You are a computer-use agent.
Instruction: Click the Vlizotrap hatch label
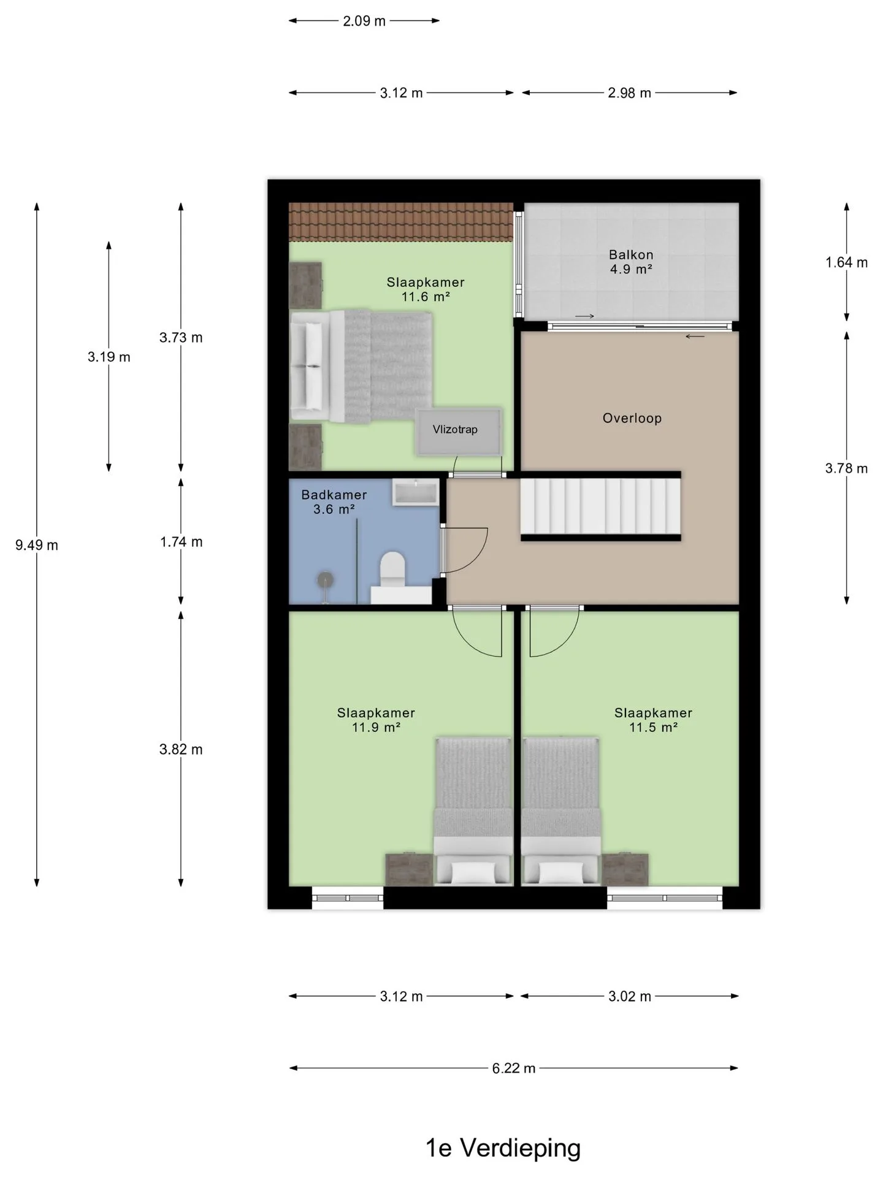pyautogui.click(x=455, y=430)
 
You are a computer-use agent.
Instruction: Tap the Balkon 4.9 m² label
pyautogui.click(x=631, y=262)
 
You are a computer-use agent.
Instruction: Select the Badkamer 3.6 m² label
pyautogui.click(x=334, y=502)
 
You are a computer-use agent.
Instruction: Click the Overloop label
pyautogui.click(x=632, y=419)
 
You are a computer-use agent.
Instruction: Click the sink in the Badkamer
pyautogui.click(x=416, y=493)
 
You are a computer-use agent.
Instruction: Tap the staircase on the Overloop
pyautogui.click(x=601, y=506)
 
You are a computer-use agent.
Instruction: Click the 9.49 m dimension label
pyautogui.click(x=37, y=545)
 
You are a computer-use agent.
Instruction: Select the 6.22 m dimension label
pyautogui.click(x=514, y=1068)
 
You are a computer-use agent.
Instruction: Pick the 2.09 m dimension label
pyautogui.click(x=364, y=21)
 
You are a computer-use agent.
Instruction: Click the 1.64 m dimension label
pyautogui.click(x=847, y=262)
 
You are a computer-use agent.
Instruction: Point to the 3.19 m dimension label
pyautogui.click(x=109, y=357)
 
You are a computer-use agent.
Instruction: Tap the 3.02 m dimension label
pyautogui.click(x=630, y=996)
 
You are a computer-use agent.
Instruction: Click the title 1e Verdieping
pyautogui.click(x=503, y=1148)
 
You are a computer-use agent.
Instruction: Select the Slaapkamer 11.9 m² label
pyautogui.click(x=376, y=720)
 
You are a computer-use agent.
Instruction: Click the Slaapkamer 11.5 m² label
pyautogui.click(x=654, y=720)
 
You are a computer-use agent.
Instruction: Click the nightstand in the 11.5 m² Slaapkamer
pyautogui.click(x=625, y=869)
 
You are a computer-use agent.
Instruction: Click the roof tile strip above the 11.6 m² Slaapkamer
pyautogui.click(x=401, y=222)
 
